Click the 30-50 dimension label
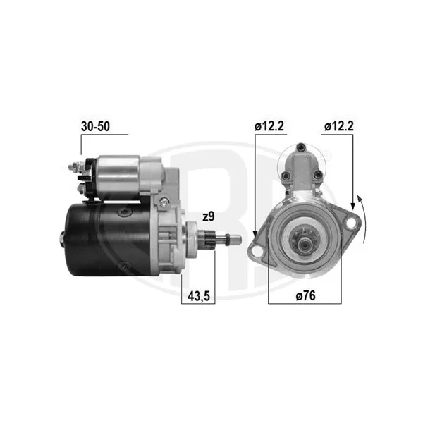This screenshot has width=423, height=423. click(95, 126)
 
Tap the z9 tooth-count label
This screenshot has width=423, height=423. click(208, 216)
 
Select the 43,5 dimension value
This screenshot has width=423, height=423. click(199, 296)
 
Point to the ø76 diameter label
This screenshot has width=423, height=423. click(305, 295)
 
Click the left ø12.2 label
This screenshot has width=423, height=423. click(269, 126)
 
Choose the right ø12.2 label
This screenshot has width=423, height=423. click(339, 126)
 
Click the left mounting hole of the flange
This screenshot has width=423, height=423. click(257, 250)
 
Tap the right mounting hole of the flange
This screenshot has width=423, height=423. click(350, 223)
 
